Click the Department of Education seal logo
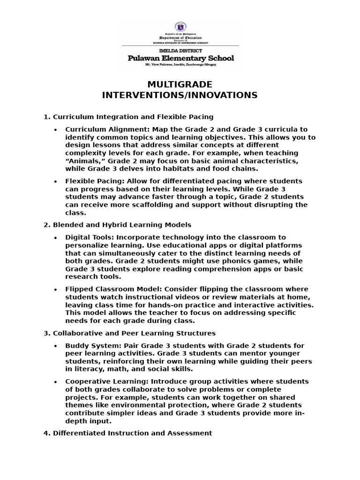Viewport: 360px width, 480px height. [x=180, y=28]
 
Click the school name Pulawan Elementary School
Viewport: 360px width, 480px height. [x=180, y=58]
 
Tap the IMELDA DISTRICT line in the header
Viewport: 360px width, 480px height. [x=180, y=51]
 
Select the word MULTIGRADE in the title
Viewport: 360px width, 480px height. [x=180, y=84]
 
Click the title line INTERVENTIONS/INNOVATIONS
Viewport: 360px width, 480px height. [x=180, y=95]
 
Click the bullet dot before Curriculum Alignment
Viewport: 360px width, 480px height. [x=56, y=130]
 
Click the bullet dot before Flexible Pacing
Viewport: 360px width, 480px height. [x=56, y=181]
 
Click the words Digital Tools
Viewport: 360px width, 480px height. [x=87, y=237]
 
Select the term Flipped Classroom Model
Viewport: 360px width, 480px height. [x=106, y=289]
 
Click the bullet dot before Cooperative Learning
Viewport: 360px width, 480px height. [x=56, y=382]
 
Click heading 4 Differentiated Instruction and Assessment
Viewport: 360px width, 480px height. [x=127, y=433]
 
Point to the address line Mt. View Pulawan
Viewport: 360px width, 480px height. [x=180, y=65]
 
